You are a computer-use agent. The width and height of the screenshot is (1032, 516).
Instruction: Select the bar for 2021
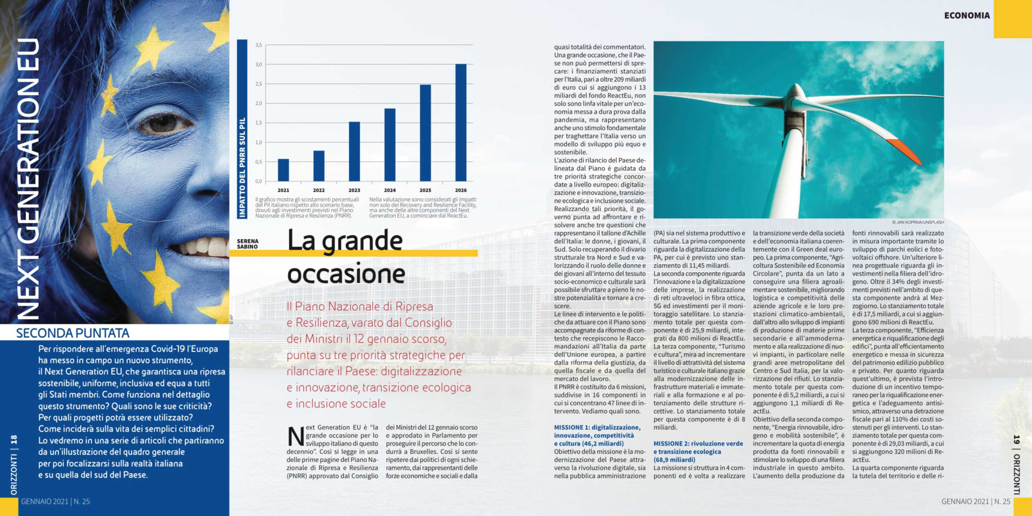283,170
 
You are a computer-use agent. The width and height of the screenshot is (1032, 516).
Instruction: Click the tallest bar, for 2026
461,123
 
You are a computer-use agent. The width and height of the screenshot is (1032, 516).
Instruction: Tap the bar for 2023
354,151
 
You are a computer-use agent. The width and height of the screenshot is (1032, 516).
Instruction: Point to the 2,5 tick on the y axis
258,84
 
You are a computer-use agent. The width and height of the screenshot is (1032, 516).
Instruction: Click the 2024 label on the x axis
390,190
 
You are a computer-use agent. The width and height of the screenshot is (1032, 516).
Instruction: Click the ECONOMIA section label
967,16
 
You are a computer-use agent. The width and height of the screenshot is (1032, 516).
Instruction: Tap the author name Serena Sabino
248,243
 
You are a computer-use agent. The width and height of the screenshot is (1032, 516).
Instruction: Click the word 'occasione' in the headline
346,274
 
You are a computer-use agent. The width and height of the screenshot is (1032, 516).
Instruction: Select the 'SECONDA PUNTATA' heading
73,333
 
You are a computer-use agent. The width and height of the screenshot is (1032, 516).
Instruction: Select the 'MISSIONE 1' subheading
597,435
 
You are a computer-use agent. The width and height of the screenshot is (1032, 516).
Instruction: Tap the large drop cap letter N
296,437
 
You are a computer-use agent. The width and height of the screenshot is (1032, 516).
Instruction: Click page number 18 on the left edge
14,440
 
